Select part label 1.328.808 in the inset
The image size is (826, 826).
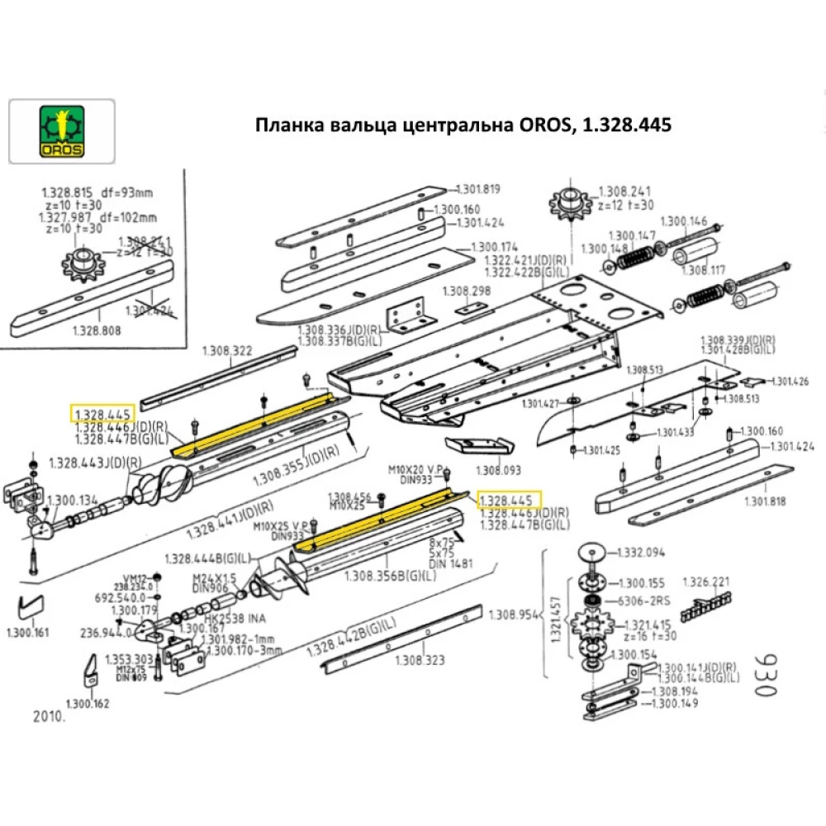point(97,330)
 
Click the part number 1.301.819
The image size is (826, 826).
point(479,188)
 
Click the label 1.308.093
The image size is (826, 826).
point(499,470)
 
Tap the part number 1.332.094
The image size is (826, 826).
point(665,552)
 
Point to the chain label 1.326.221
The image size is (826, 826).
point(706,582)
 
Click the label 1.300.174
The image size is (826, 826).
point(494,247)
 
